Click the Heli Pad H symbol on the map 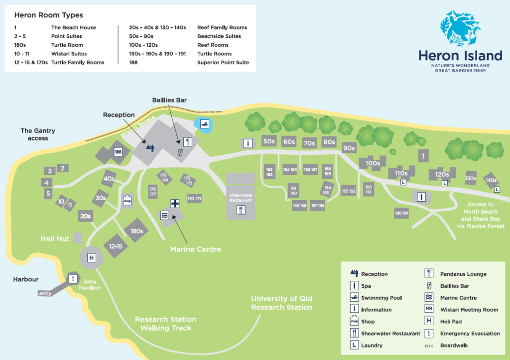[x=92, y=258]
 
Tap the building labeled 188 [x=118, y=152]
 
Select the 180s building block [x=136, y=231]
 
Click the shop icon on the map [x=127, y=201]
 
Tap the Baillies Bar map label [x=169, y=100]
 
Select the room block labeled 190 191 [x=401, y=213]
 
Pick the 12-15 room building [x=115, y=246]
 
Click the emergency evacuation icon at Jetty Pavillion [x=73, y=279]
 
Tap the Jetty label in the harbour [x=44, y=293]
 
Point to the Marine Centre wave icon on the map [x=165, y=215]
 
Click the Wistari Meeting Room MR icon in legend [x=429, y=310]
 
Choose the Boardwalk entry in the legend [x=454, y=346]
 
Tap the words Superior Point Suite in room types [x=223, y=62]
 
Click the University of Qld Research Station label [x=281, y=303]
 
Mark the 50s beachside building [x=269, y=141]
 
